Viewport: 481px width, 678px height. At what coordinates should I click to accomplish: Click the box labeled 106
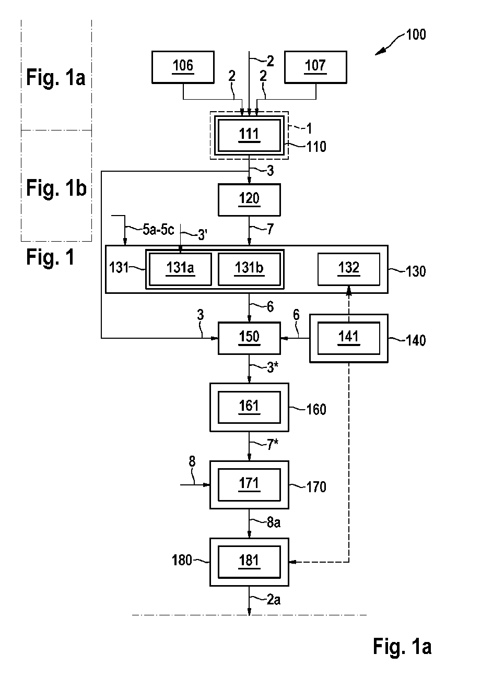[183, 67]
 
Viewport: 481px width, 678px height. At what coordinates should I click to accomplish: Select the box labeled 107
[315, 67]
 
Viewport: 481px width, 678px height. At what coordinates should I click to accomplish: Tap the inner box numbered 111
[249, 135]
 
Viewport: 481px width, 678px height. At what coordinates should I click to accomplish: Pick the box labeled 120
[249, 200]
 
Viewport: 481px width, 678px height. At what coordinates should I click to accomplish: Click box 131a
[181, 269]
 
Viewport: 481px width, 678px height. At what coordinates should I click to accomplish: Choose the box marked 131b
[249, 269]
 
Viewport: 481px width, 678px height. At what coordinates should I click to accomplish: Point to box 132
[349, 269]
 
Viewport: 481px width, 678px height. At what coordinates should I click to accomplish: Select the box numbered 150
[249, 338]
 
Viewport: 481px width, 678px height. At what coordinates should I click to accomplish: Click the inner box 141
[349, 338]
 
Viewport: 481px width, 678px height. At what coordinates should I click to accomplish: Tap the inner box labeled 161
[249, 407]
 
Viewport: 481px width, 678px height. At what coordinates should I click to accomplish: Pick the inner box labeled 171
[249, 484]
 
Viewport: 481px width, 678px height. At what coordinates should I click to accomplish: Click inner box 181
[249, 562]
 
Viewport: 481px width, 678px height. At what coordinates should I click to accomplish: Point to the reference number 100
[416, 34]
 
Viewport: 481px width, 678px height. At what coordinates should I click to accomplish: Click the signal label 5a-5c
[158, 230]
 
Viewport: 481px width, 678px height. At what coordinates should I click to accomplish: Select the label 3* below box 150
[272, 368]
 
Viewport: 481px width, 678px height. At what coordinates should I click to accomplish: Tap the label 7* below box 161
[272, 445]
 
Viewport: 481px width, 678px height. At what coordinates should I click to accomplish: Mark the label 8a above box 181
[274, 523]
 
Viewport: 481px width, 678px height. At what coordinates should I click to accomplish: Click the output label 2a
[274, 600]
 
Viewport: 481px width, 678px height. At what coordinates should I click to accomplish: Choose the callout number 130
[416, 271]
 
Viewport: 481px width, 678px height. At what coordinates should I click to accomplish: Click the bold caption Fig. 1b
[56, 188]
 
